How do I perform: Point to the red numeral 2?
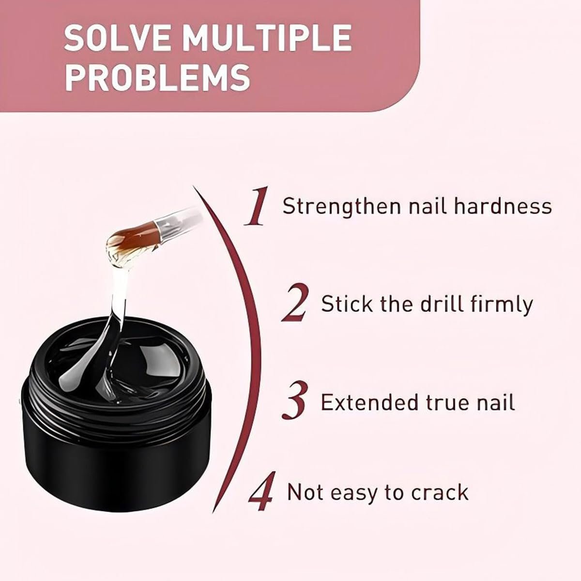pyautogui.click(x=295, y=303)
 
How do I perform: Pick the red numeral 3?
pyautogui.click(x=295, y=400)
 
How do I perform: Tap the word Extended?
pyautogui.click(x=367, y=401)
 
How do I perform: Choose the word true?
pyautogui.click(x=443, y=402)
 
